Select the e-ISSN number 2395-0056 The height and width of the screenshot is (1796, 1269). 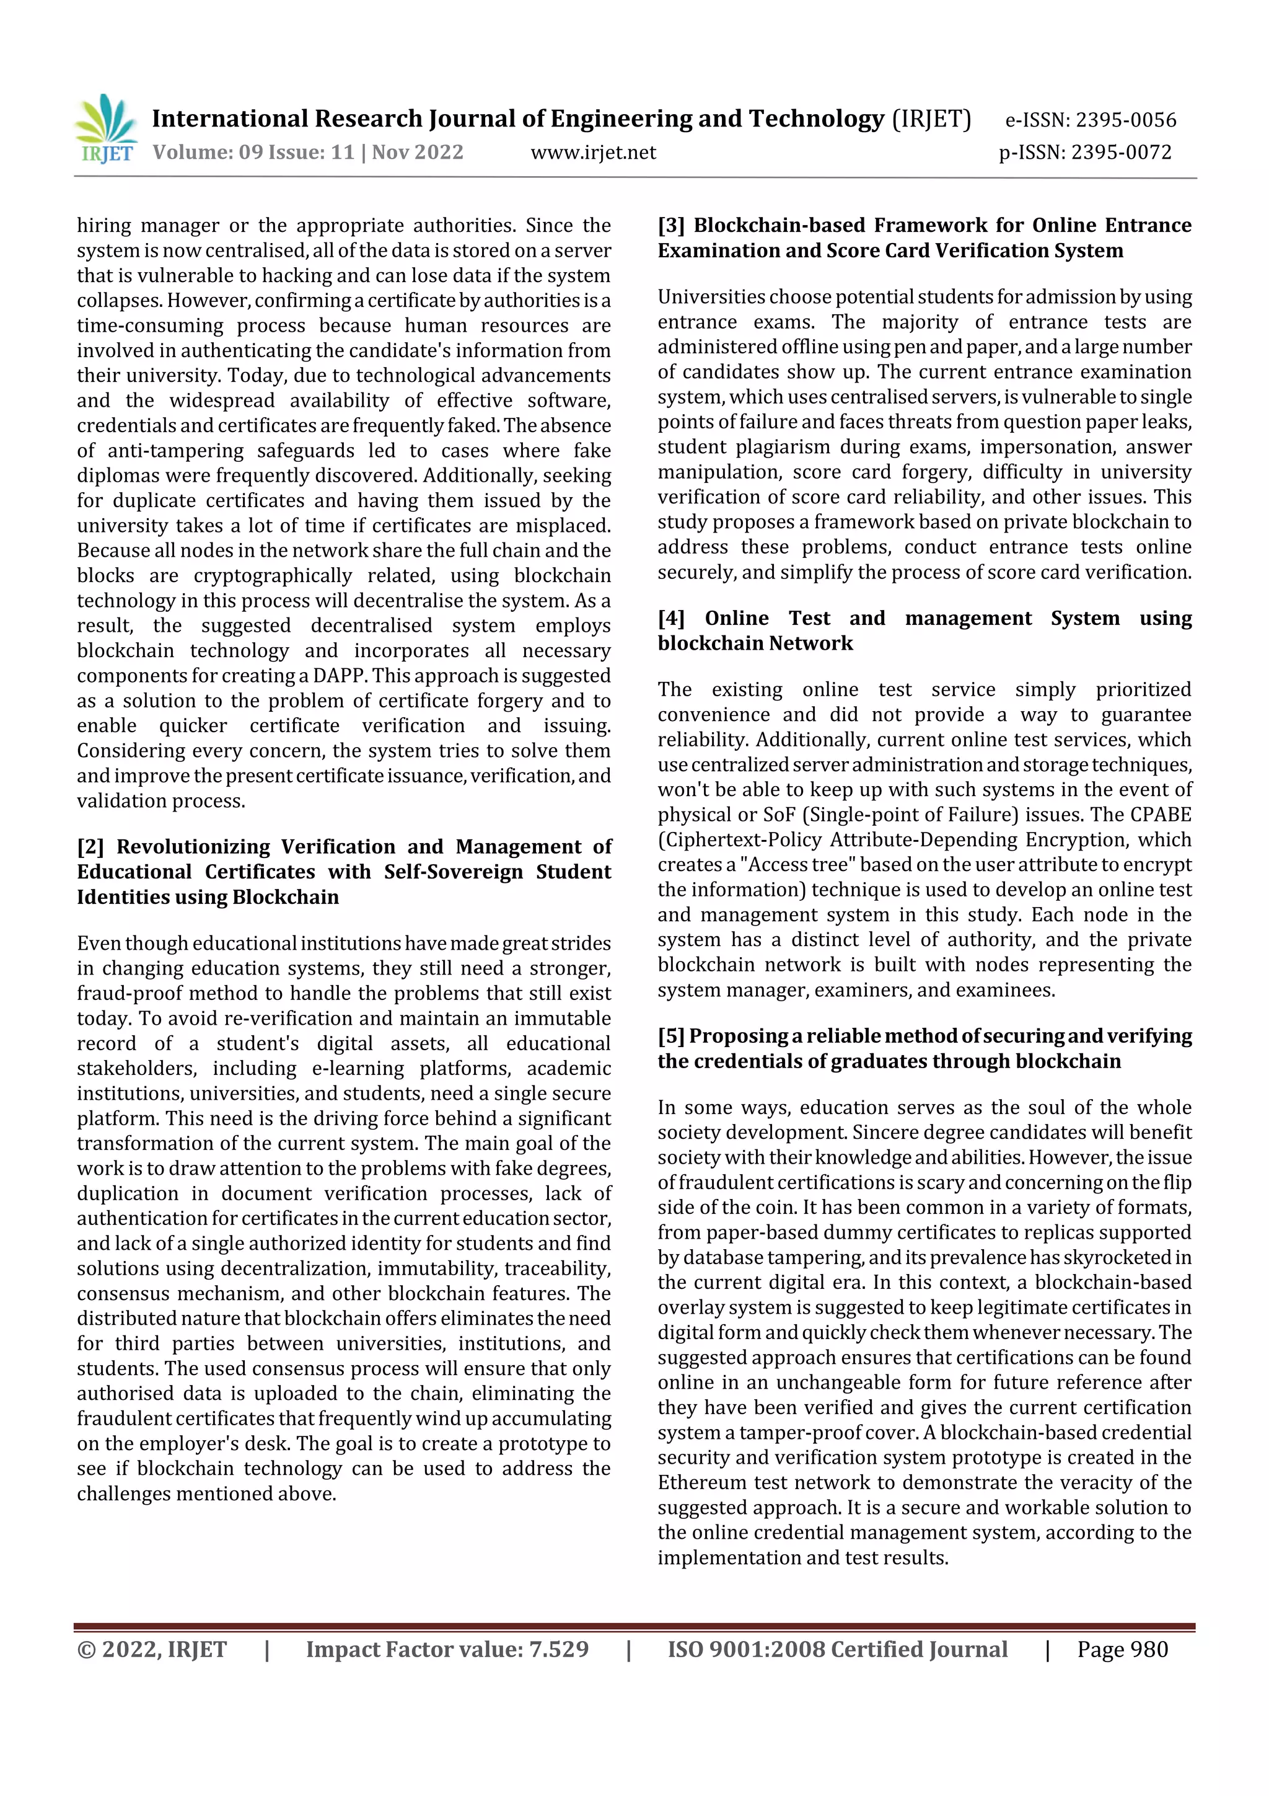tap(1126, 120)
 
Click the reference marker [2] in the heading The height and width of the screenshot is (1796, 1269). tap(90, 847)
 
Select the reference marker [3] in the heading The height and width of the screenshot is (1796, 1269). tap(671, 225)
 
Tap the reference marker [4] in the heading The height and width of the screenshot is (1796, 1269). tap(671, 618)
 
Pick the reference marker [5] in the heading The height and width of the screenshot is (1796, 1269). tap(671, 1037)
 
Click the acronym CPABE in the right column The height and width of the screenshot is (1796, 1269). tap(1161, 815)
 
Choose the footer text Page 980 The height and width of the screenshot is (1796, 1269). tap(1122, 1650)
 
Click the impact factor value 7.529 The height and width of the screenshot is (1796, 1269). tap(558, 1650)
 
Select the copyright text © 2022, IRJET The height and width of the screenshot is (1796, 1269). tap(152, 1650)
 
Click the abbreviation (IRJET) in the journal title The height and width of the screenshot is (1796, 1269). tap(931, 119)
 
